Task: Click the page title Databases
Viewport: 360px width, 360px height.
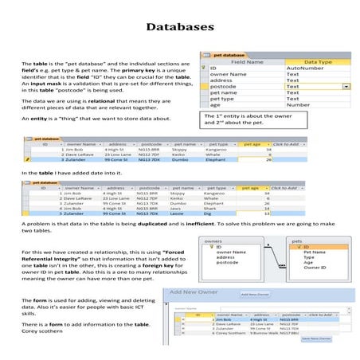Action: tap(180, 28)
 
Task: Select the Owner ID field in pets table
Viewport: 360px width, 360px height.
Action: tap(313, 268)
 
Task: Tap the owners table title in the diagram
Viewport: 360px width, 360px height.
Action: tap(213, 240)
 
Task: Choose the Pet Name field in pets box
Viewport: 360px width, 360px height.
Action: tap(314, 252)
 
